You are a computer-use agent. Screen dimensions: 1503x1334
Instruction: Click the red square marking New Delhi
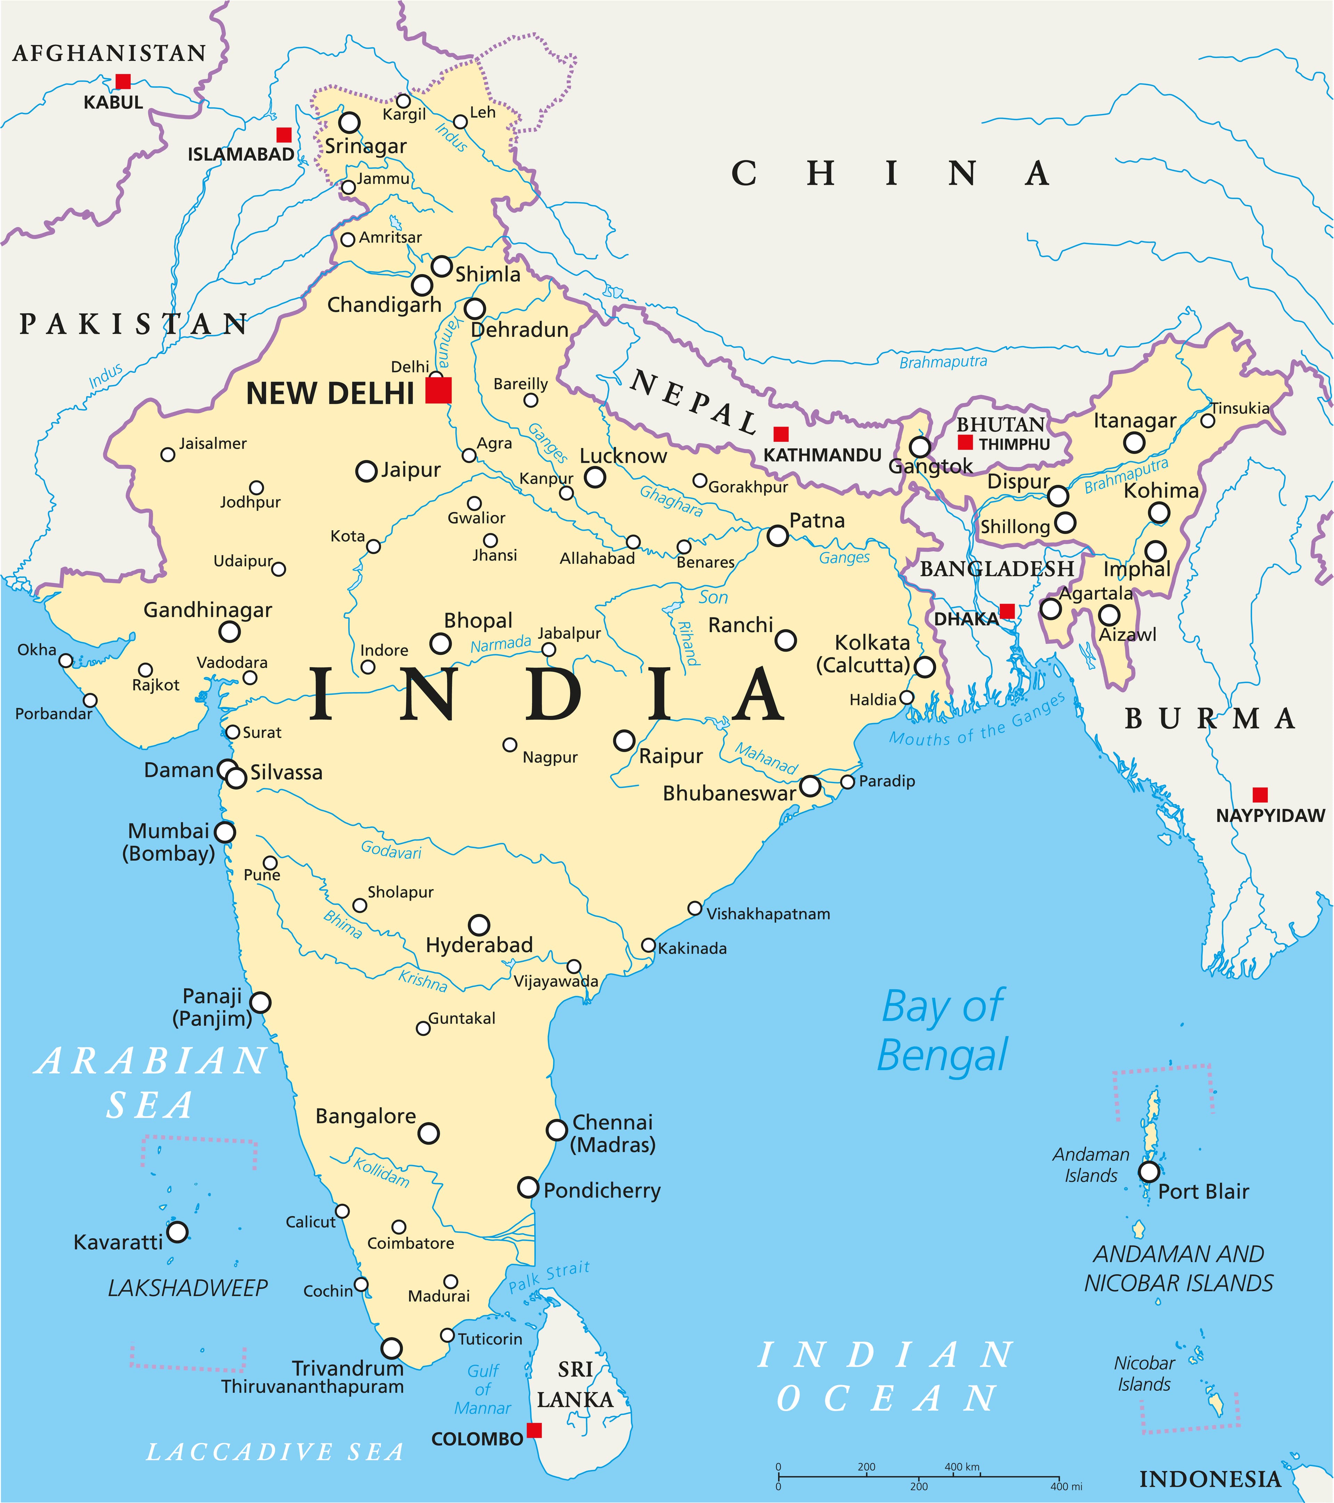(438, 390)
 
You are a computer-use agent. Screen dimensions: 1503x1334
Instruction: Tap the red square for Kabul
(123, 81)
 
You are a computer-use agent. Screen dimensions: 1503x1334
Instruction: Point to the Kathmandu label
(822, 455)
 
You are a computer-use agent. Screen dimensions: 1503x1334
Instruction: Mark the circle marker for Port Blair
(1149, 1171)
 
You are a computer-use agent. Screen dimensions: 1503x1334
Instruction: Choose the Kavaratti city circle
(177, 1232)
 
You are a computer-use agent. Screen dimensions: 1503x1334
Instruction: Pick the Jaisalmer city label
(213, 443)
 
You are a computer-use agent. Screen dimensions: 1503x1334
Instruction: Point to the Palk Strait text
(549, 1276)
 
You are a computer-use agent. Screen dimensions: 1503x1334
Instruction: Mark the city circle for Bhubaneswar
(810, 786)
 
